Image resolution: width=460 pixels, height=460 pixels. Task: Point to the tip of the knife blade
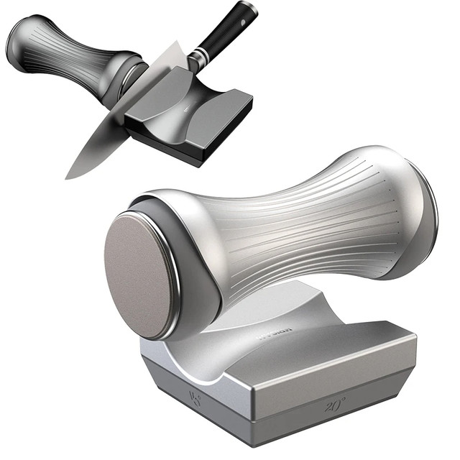click(68, 177)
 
